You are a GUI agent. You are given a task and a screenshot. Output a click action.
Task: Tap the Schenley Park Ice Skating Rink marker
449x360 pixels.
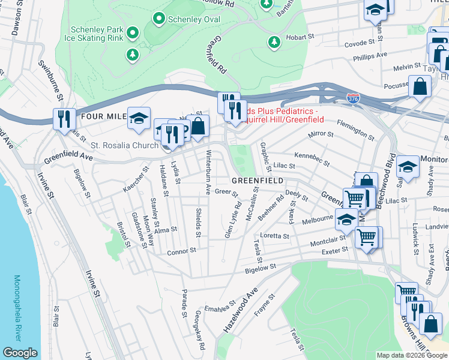point(132,33)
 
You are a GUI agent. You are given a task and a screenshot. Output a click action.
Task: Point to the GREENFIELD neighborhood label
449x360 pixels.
point(257,181)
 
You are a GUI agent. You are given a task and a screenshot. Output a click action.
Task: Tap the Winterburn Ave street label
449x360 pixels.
point(208,172)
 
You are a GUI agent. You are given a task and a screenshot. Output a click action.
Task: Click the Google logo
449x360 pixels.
point(20,353)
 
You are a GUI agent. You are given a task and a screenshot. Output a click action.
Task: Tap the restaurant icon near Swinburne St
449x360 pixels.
point(62,118)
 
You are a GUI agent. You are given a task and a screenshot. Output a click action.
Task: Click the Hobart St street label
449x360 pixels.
point(301,37)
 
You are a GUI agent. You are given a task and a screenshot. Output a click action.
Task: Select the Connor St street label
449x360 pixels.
point(182,251)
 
